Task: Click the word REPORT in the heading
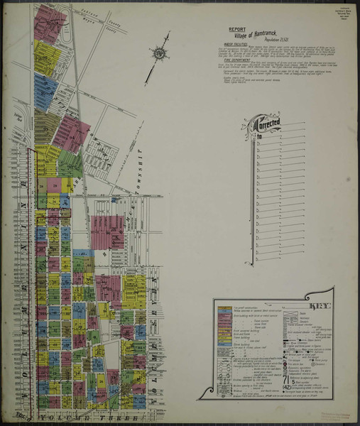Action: pyautogui.click(x=236, y=30)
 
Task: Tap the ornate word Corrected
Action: pyautogui.click(x=266, y=126)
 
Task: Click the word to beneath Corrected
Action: pyautogui.click(x=259, y=135)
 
